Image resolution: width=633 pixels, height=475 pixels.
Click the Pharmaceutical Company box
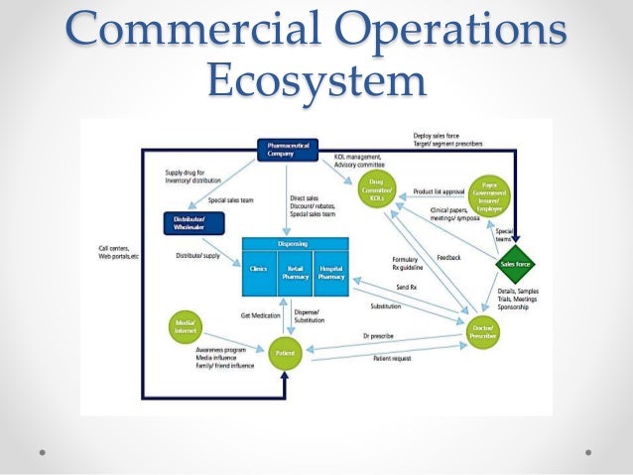point(288,149)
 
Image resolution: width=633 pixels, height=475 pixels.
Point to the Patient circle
point(284,352)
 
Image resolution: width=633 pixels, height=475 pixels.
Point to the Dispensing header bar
point(295,243)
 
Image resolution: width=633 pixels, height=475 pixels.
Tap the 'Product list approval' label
point(441,192)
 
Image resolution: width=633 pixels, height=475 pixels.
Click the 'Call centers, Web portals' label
point(120,253)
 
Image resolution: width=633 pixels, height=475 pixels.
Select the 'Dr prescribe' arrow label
point(378,336)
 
